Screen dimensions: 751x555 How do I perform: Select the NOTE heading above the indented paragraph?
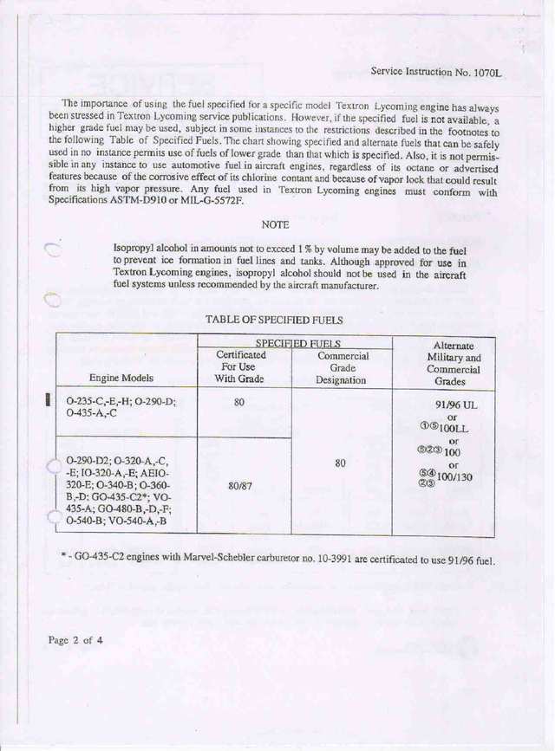[275, 224]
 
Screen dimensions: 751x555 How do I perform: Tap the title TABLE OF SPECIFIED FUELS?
[274, 320]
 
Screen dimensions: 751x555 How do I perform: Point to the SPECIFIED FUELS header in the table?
[297, 344]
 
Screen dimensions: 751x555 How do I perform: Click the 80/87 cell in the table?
[240, 487]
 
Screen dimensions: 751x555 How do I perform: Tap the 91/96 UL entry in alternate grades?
[452, 405]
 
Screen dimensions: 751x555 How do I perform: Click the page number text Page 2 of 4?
[75, 640]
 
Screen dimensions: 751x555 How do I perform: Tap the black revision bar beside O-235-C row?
[49, 400]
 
